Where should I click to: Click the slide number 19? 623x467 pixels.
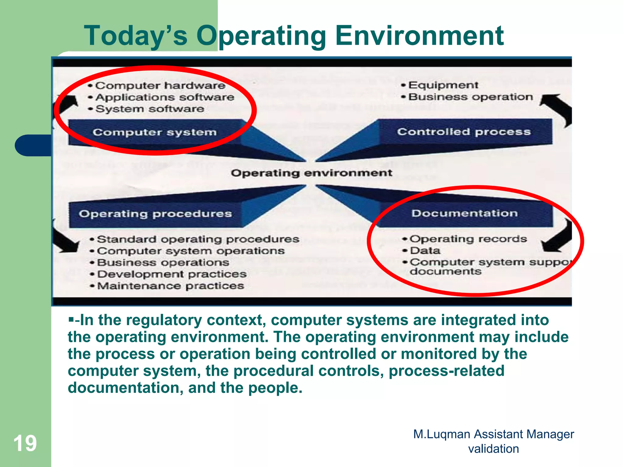point(25,443)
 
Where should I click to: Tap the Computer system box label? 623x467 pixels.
point(155,132)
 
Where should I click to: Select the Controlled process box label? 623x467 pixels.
point(464,132)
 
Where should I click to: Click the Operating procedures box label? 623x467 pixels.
point(155,214)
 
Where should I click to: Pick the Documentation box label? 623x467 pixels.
point(464,213)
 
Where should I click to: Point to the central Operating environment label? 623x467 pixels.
point(311,173)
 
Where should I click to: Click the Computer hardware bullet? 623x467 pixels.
point(160,86)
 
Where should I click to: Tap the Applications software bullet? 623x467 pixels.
point(165,97)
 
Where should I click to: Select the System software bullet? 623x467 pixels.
point(149,109)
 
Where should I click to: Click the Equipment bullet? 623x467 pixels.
point(443,85)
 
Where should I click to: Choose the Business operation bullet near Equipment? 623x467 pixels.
point(470,97)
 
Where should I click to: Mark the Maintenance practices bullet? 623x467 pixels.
point(170,286)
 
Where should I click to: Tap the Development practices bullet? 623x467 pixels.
point(172,274)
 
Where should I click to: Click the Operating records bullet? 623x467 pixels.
point(468,239)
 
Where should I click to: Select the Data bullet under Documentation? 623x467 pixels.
point(425,251)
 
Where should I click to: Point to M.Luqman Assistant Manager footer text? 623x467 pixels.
point(493,434)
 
